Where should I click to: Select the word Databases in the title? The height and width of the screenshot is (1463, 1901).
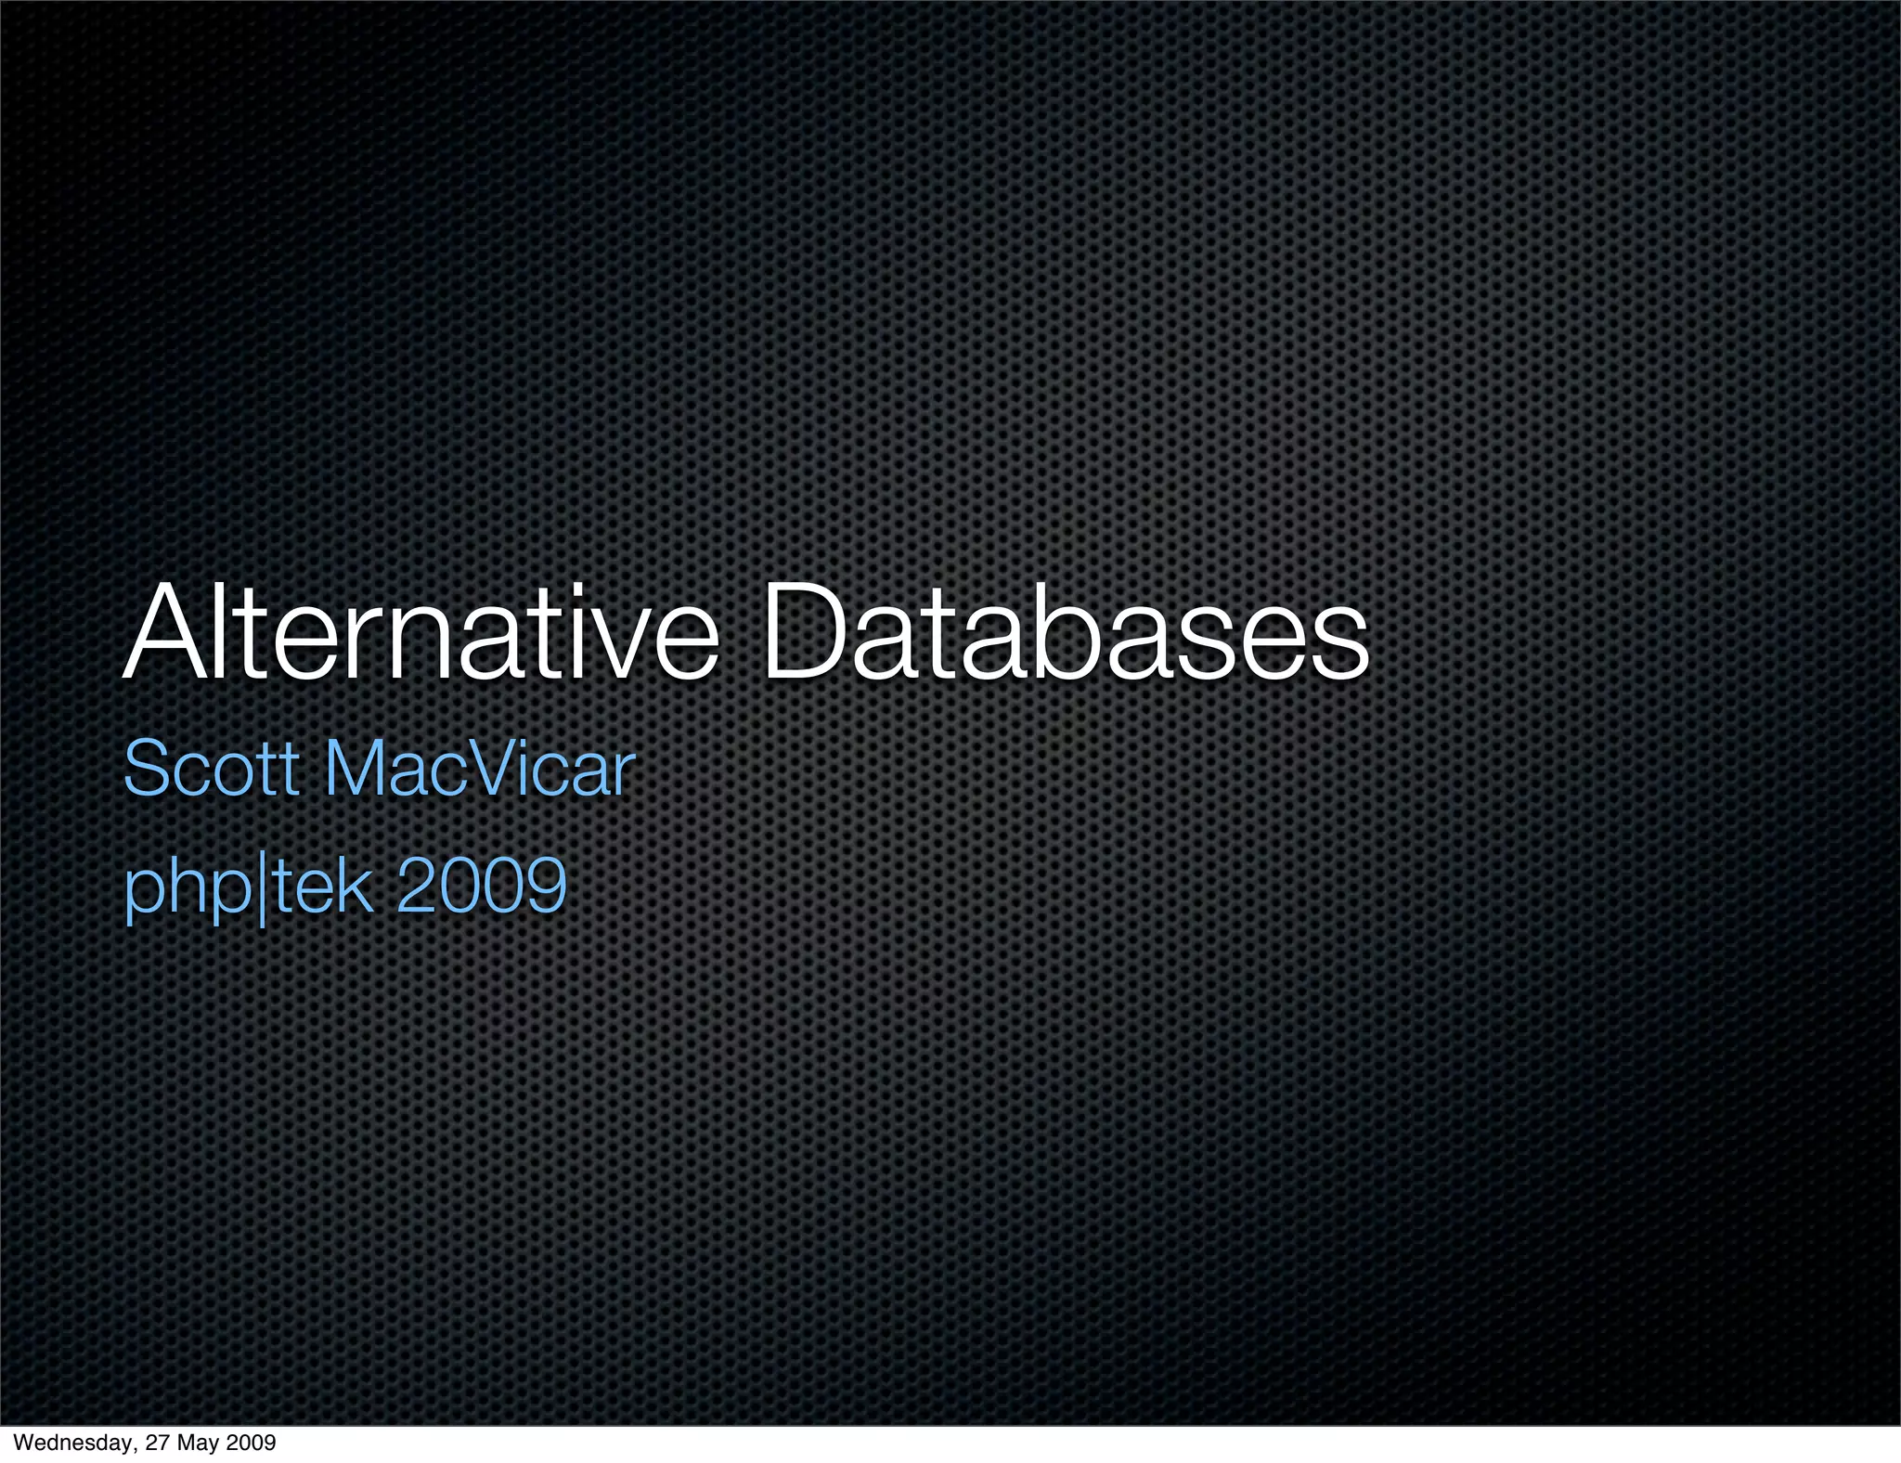point(1065,633)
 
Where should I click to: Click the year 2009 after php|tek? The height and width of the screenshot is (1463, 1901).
point(481,886)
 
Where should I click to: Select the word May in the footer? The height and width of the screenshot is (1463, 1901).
point(202,1443)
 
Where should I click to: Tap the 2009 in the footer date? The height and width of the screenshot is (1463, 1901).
point(252,1443)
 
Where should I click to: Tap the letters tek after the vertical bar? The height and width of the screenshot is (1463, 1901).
point(321,886)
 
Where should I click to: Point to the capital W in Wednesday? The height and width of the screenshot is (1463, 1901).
point(22,1443)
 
